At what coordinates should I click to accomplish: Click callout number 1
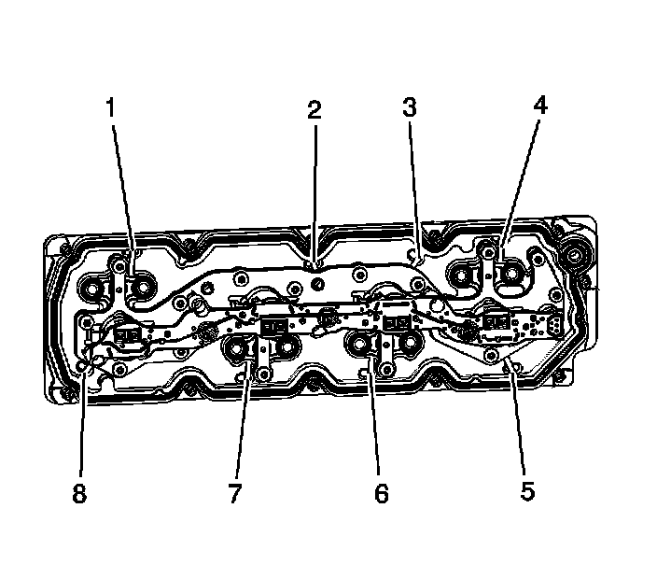click(x=111, y=107)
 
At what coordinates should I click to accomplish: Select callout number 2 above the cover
click(x=315, y=110)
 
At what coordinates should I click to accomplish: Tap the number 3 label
click(x=410, y=106)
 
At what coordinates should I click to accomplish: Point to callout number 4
click(x=540, y=105)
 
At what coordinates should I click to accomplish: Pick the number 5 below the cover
click(x=527, y=490)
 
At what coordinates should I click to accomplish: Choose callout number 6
click(x=382, y=493)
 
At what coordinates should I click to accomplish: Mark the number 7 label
click(x=235, y=493)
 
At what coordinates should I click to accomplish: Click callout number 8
click(x=79, y=493)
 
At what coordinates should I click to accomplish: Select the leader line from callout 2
click(x=315, y=195)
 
